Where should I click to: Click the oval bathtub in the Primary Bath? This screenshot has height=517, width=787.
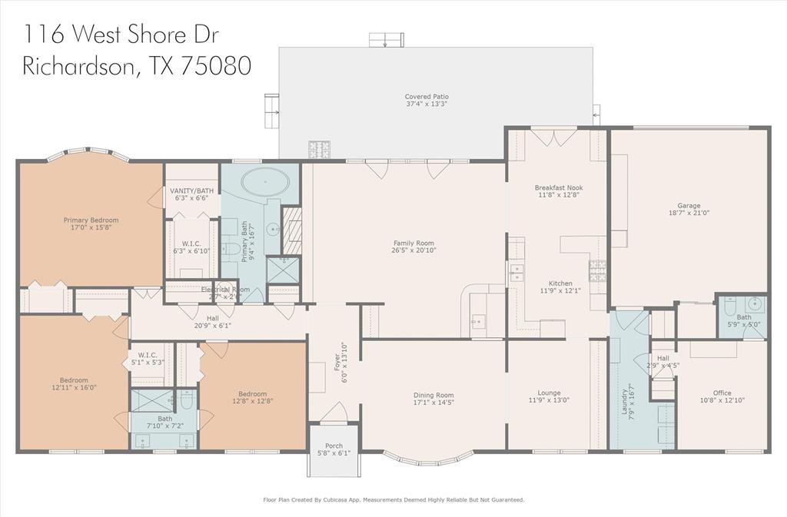(x=266, y=184)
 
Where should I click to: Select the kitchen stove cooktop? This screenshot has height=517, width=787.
(x=597, y=270)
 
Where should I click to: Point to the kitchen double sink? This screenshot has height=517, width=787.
(x=516, y=271)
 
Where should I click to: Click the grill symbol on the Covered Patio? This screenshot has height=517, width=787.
(x=318, y=148)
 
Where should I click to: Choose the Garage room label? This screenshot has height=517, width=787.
(x=689, y=206)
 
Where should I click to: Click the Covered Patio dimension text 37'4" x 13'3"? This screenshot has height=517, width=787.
(x=427, y=104)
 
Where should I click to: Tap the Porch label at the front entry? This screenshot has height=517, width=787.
(x=334, y=446)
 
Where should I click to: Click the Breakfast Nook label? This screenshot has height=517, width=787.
(x=558, y=187)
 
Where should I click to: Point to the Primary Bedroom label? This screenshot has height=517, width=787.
(x=91, y=220)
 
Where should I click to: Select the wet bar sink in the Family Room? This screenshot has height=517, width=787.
(x=477, y=321)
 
